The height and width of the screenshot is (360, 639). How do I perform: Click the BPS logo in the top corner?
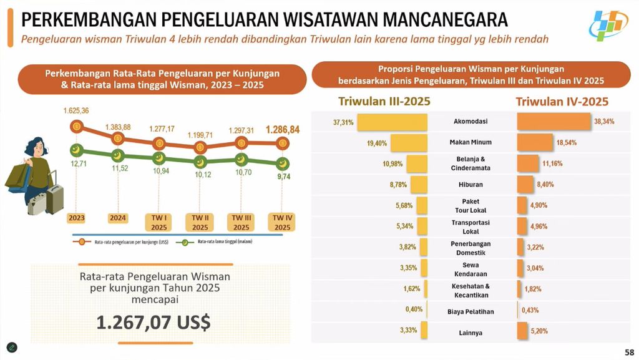[611, 26]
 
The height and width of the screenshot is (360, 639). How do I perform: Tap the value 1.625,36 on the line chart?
[76, 110]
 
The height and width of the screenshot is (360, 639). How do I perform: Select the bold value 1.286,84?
[283, 130]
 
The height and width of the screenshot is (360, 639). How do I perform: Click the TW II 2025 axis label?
[200, 223]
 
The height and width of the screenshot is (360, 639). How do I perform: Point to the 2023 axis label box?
[77, 218]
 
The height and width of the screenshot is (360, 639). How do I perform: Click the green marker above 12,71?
[76, 150]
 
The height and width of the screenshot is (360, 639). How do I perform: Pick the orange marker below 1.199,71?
[200, 148]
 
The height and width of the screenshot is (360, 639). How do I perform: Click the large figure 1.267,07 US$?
[153, 322]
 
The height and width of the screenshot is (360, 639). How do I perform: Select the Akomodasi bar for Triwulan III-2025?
[392, 122]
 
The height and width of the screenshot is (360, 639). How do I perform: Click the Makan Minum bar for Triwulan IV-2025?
[535, 142]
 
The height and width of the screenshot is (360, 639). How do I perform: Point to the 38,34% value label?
[603, 122]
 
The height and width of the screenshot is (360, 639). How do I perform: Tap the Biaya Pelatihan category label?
[471, 311]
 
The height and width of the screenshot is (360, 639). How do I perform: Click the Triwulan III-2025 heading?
[384, 101]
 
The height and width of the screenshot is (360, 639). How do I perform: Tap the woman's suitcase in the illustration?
[53, 195]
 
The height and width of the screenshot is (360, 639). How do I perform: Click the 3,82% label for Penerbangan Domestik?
[407, 247]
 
